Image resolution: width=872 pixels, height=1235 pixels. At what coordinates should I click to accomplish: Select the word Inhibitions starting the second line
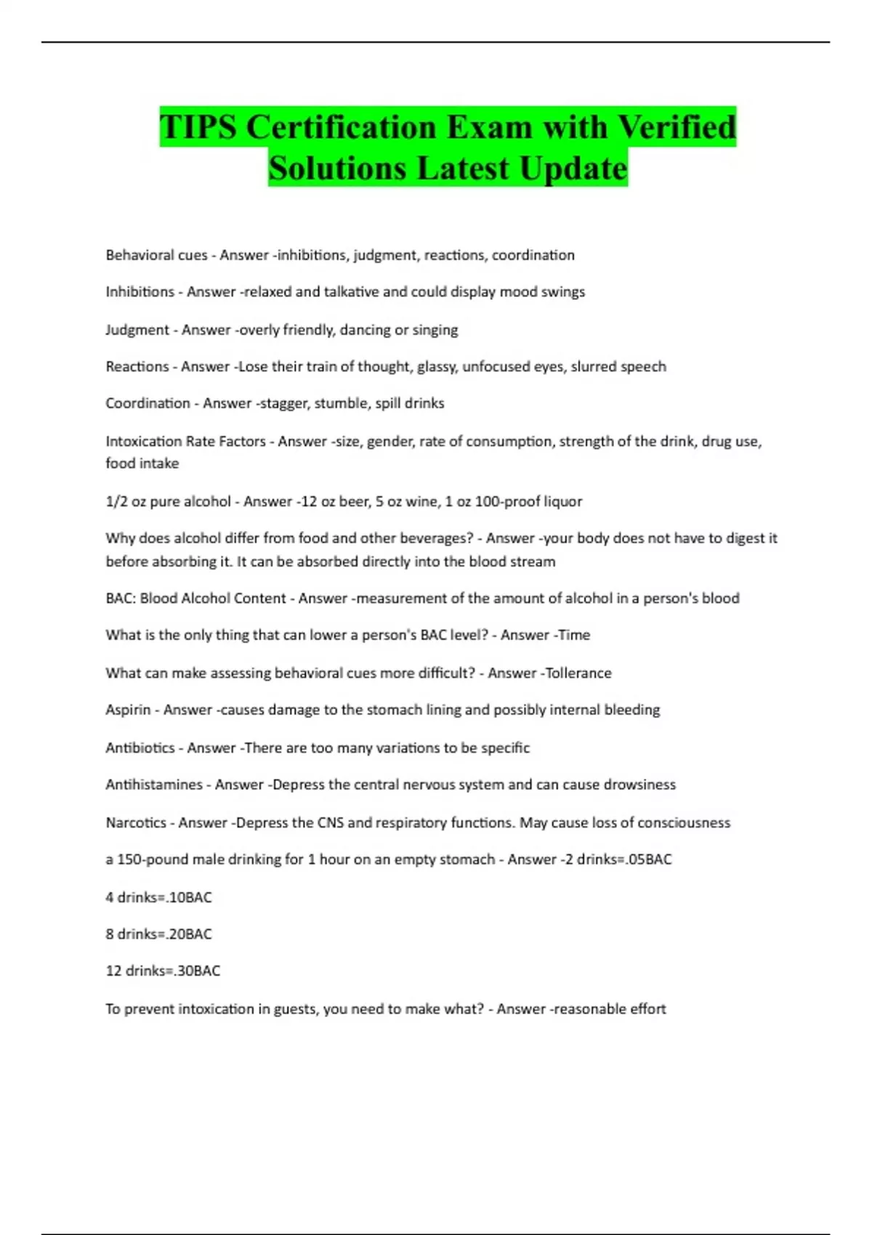click(x=140, y=292)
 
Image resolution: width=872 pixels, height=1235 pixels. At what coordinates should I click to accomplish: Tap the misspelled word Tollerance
click(x=578, y=673)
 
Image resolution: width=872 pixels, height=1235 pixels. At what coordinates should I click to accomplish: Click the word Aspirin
click(x=128, y=710)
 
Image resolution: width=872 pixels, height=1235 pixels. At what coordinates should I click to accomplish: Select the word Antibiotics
click(x=140, y=748)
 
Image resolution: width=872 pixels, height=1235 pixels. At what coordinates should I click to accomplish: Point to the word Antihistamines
click(x=153, y=785)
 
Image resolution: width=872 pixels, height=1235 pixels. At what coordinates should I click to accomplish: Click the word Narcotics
click(x=136, y=823)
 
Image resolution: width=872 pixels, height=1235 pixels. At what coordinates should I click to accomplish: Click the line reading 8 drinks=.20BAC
click(x=158, y=934)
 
